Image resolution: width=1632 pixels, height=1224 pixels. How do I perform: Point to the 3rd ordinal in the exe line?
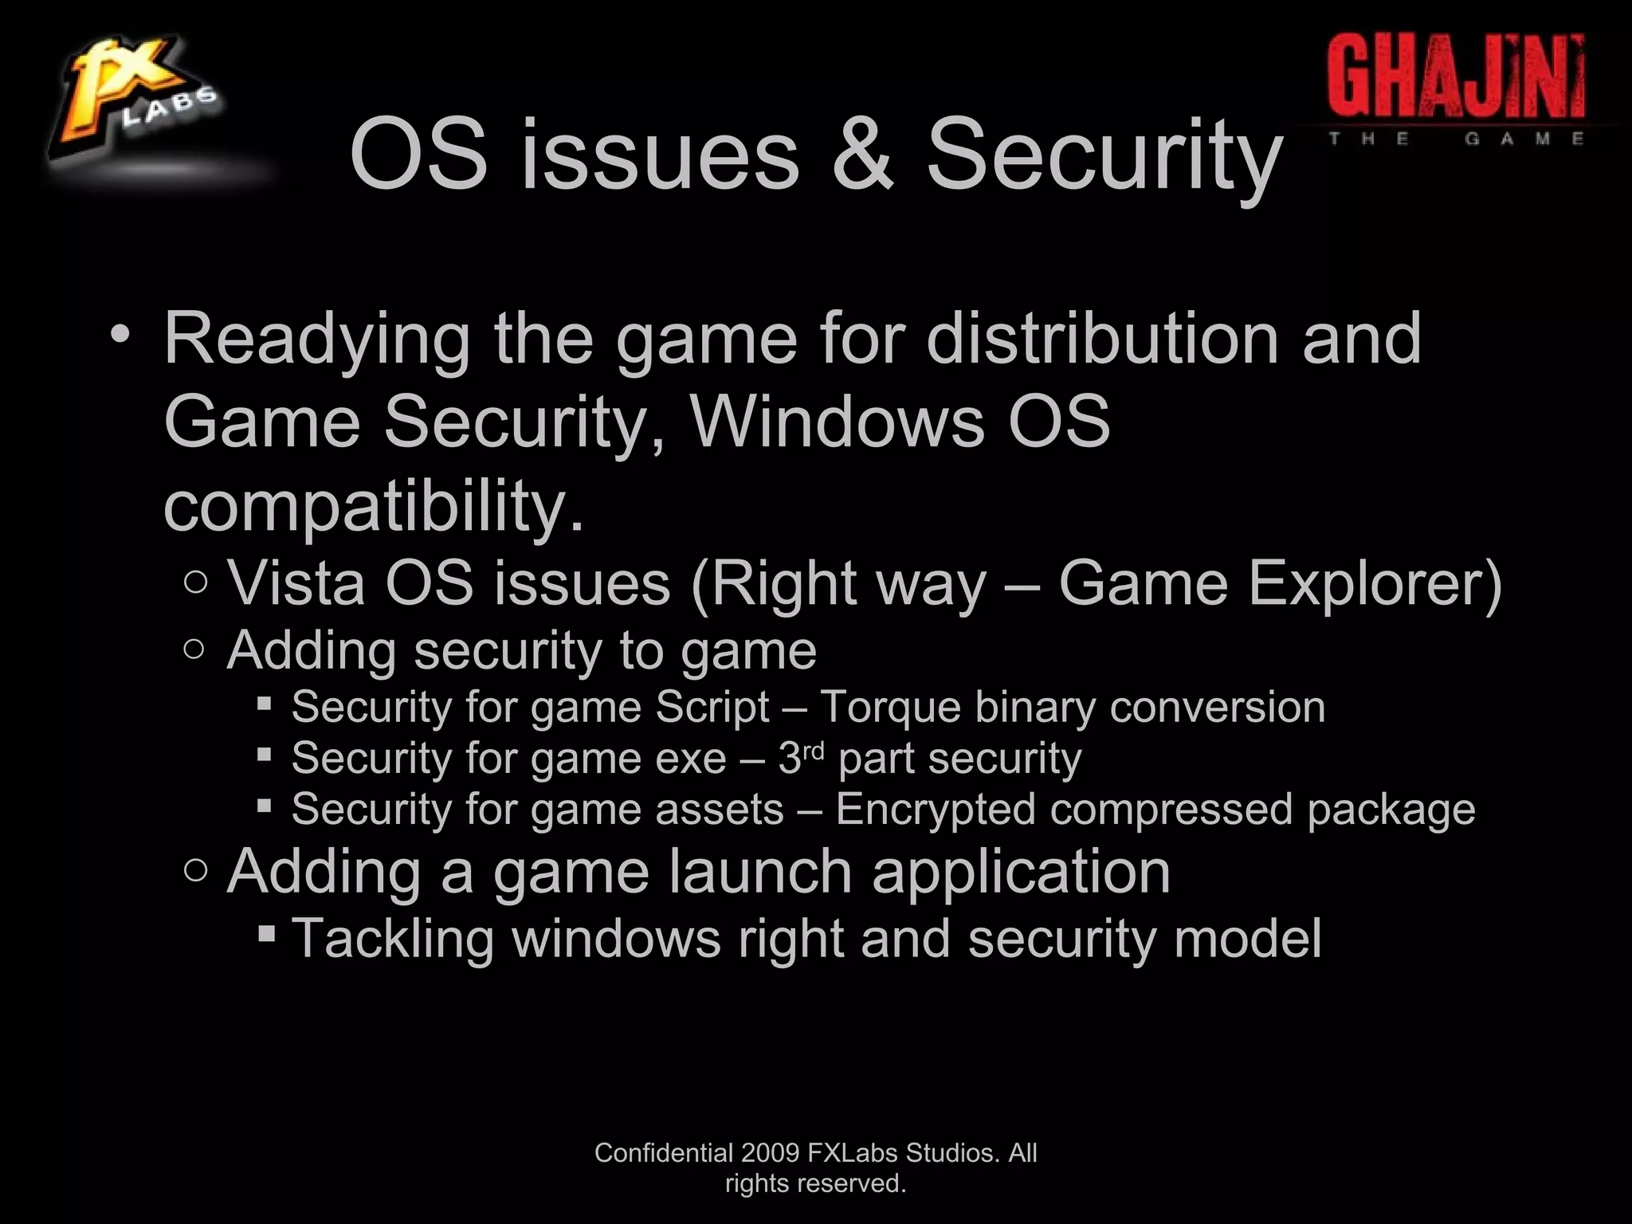click(x=800, y=756)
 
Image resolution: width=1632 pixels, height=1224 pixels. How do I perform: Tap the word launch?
click(x=760, y=872)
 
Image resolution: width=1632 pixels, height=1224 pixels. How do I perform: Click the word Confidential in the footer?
click(x=664, y=1153)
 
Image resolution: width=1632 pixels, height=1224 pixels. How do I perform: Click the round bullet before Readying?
click(x=120, y=335)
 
